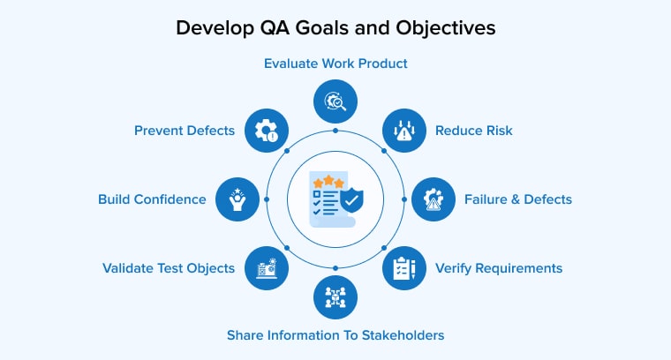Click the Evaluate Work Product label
pyautogui.click(x=335, y=64)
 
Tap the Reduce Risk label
pyautogui.click(x=474, y=131)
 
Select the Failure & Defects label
pyautogui.click(x=518, y=199)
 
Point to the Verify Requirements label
pyautogui.click(x=499, y=268)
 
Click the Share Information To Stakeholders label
pyautogui.click(x=335, y=335)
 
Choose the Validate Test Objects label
pyautogui.click(x=169, y=268)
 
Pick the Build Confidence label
pyautogui.click(x=152, y=199)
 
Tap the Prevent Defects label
pyautogui.click(x=185, y=131)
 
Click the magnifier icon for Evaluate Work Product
pyautogui.click(x=335, y=101)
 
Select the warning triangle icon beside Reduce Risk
pyautogui.click(x=404, y=131)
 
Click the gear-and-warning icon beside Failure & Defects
pyautogui.click(x=434, y=199)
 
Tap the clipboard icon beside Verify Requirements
pyautogui.click(x=404, y=268)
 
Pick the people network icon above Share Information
pyautogui.click(x=335, y=297)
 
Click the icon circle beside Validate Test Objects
pyautogui.click(x=267, y=268)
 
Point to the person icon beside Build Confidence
pyautogui.click(x=237, y=199)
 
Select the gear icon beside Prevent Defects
pyautogui.click(x=267, y=131)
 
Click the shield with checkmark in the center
pyautogui.click(x=351, y=200)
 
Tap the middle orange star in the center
pyautogui.click(x=328, y=180)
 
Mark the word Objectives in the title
pyautogui.click(x=446, y=28)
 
